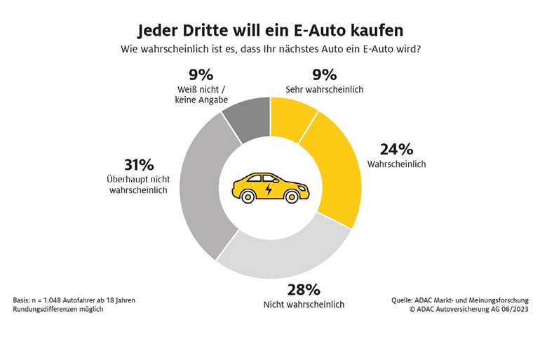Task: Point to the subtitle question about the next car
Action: pyautogui.click(x=270, y=50)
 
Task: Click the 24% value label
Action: pyautogui.click(x=396, y=149)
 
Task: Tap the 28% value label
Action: pyautogui.click(x=304, y=289)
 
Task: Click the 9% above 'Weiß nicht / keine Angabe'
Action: pyautogui.click(x=201, y=75)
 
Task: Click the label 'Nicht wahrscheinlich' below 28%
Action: pyautogui.click(x=304, y=305)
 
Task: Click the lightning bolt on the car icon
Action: pyautogui.click(x=270, y=189)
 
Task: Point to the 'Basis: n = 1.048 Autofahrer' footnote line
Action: pyautogui.click(x=74, y=300)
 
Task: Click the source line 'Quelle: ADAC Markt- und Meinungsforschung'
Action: pyautogui.click(x=459, y=300)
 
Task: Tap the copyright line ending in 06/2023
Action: pyautogui.click(x=469, y=309)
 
